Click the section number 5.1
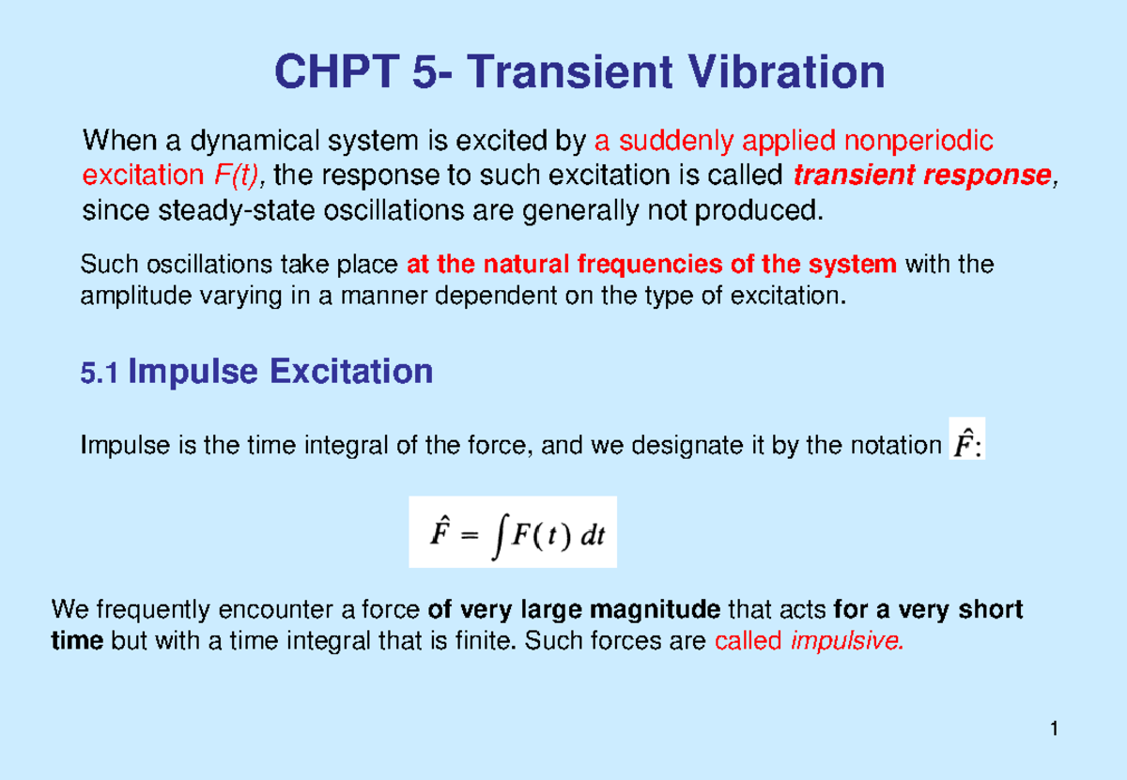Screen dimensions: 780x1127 (x=100, y=375)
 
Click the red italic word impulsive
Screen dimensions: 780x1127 (x=851, y=643)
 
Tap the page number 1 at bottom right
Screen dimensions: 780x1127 (x=1056, y=729)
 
